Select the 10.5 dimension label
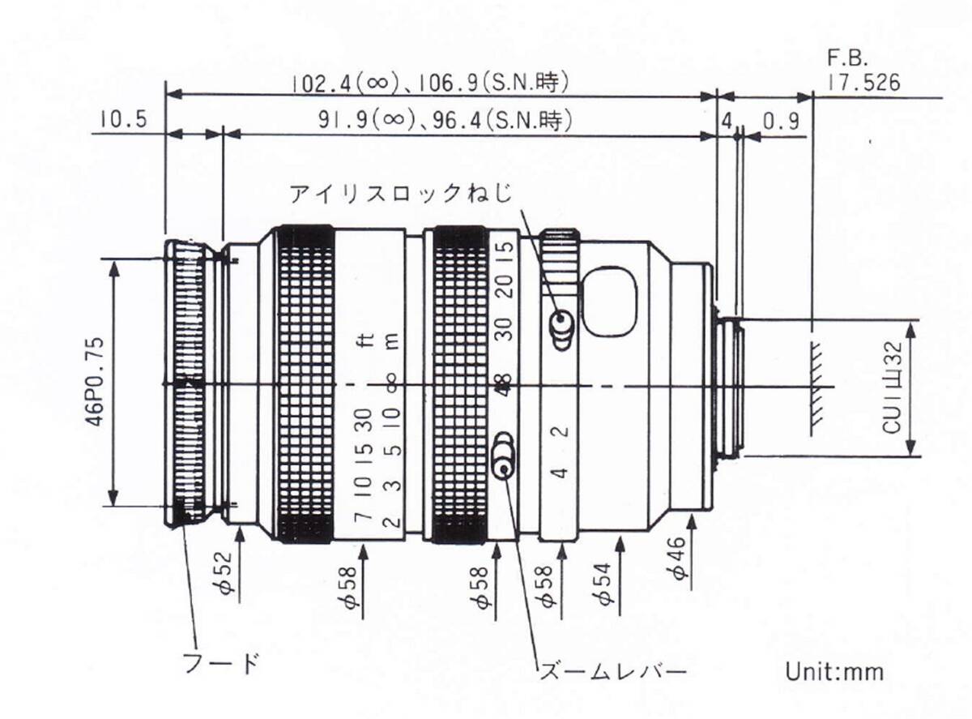(123, 121)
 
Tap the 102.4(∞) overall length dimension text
(432, 82)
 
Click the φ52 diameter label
(228, 574)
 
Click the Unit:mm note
(834, 672)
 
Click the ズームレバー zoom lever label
(612, 672)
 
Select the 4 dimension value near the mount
(727, 121)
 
